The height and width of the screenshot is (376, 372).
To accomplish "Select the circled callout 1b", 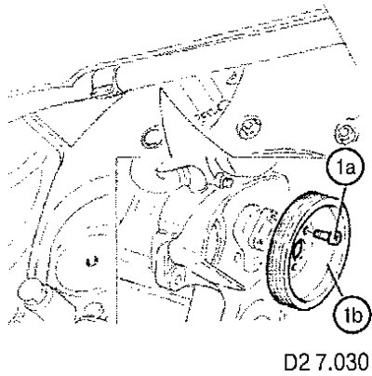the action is click(x=353, y=316).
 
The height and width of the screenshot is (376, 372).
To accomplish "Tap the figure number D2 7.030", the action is click(x=326, y=361).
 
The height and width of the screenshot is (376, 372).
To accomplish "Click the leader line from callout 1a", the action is click(x=341, y=211).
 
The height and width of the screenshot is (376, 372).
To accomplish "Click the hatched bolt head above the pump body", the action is click(x=250, y=127).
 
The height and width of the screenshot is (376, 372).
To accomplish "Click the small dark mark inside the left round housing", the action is click(x=92, y=262).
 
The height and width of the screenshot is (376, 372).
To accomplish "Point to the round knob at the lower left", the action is click(x=30, y=289).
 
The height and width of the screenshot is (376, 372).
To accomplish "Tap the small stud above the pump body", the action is click(x=227, y=181).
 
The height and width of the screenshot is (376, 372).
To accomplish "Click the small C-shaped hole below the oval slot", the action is click(x=295, y=267).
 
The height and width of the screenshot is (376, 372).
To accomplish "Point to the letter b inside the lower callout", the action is click(x=357, y=316).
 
